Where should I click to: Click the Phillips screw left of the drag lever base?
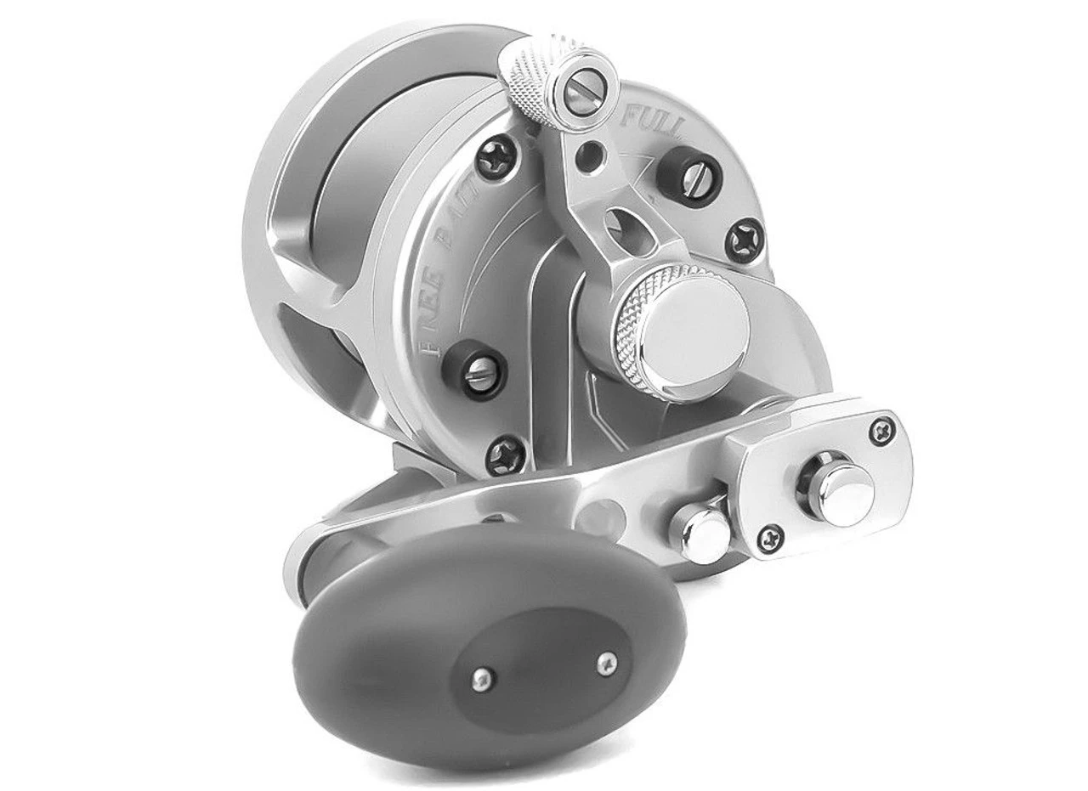(x=496, y=157)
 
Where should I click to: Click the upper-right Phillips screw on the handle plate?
(x=884, y=430)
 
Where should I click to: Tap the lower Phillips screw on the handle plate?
(x=770, y=536)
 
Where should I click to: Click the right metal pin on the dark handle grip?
(x=606, y=660)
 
